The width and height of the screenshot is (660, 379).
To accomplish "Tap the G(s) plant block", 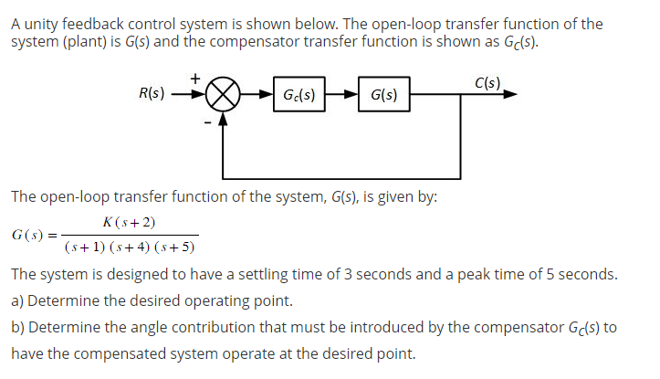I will [384, 94].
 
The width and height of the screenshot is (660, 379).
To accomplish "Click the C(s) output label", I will [487, 83].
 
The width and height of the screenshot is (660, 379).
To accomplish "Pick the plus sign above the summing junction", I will [195, 79].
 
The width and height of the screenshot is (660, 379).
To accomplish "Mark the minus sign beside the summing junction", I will [208, 122].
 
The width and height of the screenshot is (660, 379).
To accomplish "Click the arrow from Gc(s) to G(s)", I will [342, 94].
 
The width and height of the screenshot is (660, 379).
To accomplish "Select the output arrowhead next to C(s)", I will [518, 94].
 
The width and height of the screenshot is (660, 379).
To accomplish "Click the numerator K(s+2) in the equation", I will [131, 223].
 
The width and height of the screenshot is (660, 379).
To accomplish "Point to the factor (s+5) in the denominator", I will [179, 247].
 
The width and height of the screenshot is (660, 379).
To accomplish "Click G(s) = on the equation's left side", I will [32, 236].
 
